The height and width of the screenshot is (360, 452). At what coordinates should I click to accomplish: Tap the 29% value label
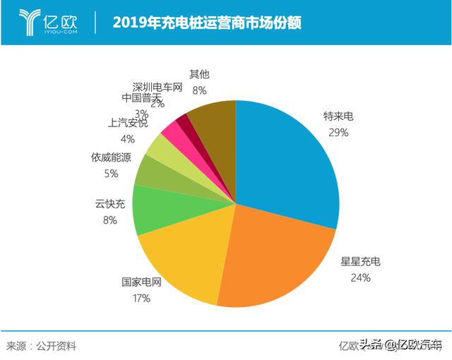(337, 132)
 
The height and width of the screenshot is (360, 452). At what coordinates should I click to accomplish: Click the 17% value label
(141, 298)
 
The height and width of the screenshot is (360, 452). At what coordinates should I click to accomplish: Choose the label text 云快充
(110, 204)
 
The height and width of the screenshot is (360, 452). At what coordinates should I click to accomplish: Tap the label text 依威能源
(111, 157)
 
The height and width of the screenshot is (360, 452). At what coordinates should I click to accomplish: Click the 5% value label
(111, 173)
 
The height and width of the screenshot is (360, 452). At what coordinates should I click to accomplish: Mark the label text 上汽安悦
(128, 123)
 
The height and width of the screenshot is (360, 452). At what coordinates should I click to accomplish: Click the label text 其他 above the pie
(199, 74)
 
